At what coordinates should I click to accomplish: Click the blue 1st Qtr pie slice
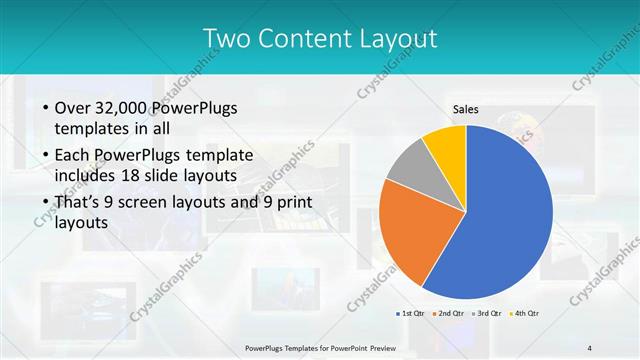coord(500,220)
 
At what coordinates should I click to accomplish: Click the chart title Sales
coord(466,109)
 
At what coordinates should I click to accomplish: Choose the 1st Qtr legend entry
coord(410,314)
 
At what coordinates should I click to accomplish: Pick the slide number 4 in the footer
coord(589,347)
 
